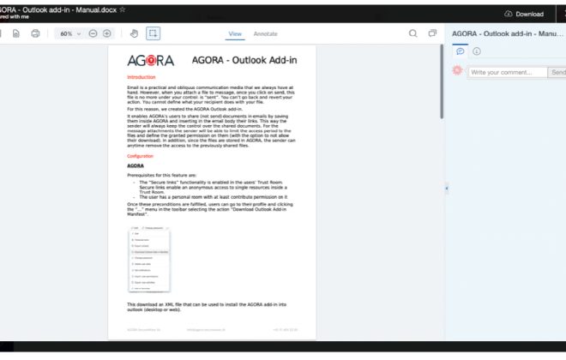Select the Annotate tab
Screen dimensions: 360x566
[265, 33]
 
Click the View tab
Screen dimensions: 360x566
[235, 33]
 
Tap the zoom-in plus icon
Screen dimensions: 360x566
[107, 33]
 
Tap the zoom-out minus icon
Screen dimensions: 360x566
[93, 33]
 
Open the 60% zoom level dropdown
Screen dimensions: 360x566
[69, 33]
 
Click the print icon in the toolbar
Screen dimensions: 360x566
[35, 33]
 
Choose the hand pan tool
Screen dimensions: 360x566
[134, 33]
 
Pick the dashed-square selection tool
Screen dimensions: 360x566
[153, 33]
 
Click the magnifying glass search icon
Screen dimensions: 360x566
[413, 33]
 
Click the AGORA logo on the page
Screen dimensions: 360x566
[150, 60]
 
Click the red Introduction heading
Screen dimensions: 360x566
[141, 77]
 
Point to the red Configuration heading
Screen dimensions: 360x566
[141, 156]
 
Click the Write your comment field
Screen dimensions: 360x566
[507, 72]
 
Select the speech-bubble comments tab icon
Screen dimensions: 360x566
[461, 51]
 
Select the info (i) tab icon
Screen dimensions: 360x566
[477, 51]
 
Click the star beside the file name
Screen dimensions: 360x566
[123, 9]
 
